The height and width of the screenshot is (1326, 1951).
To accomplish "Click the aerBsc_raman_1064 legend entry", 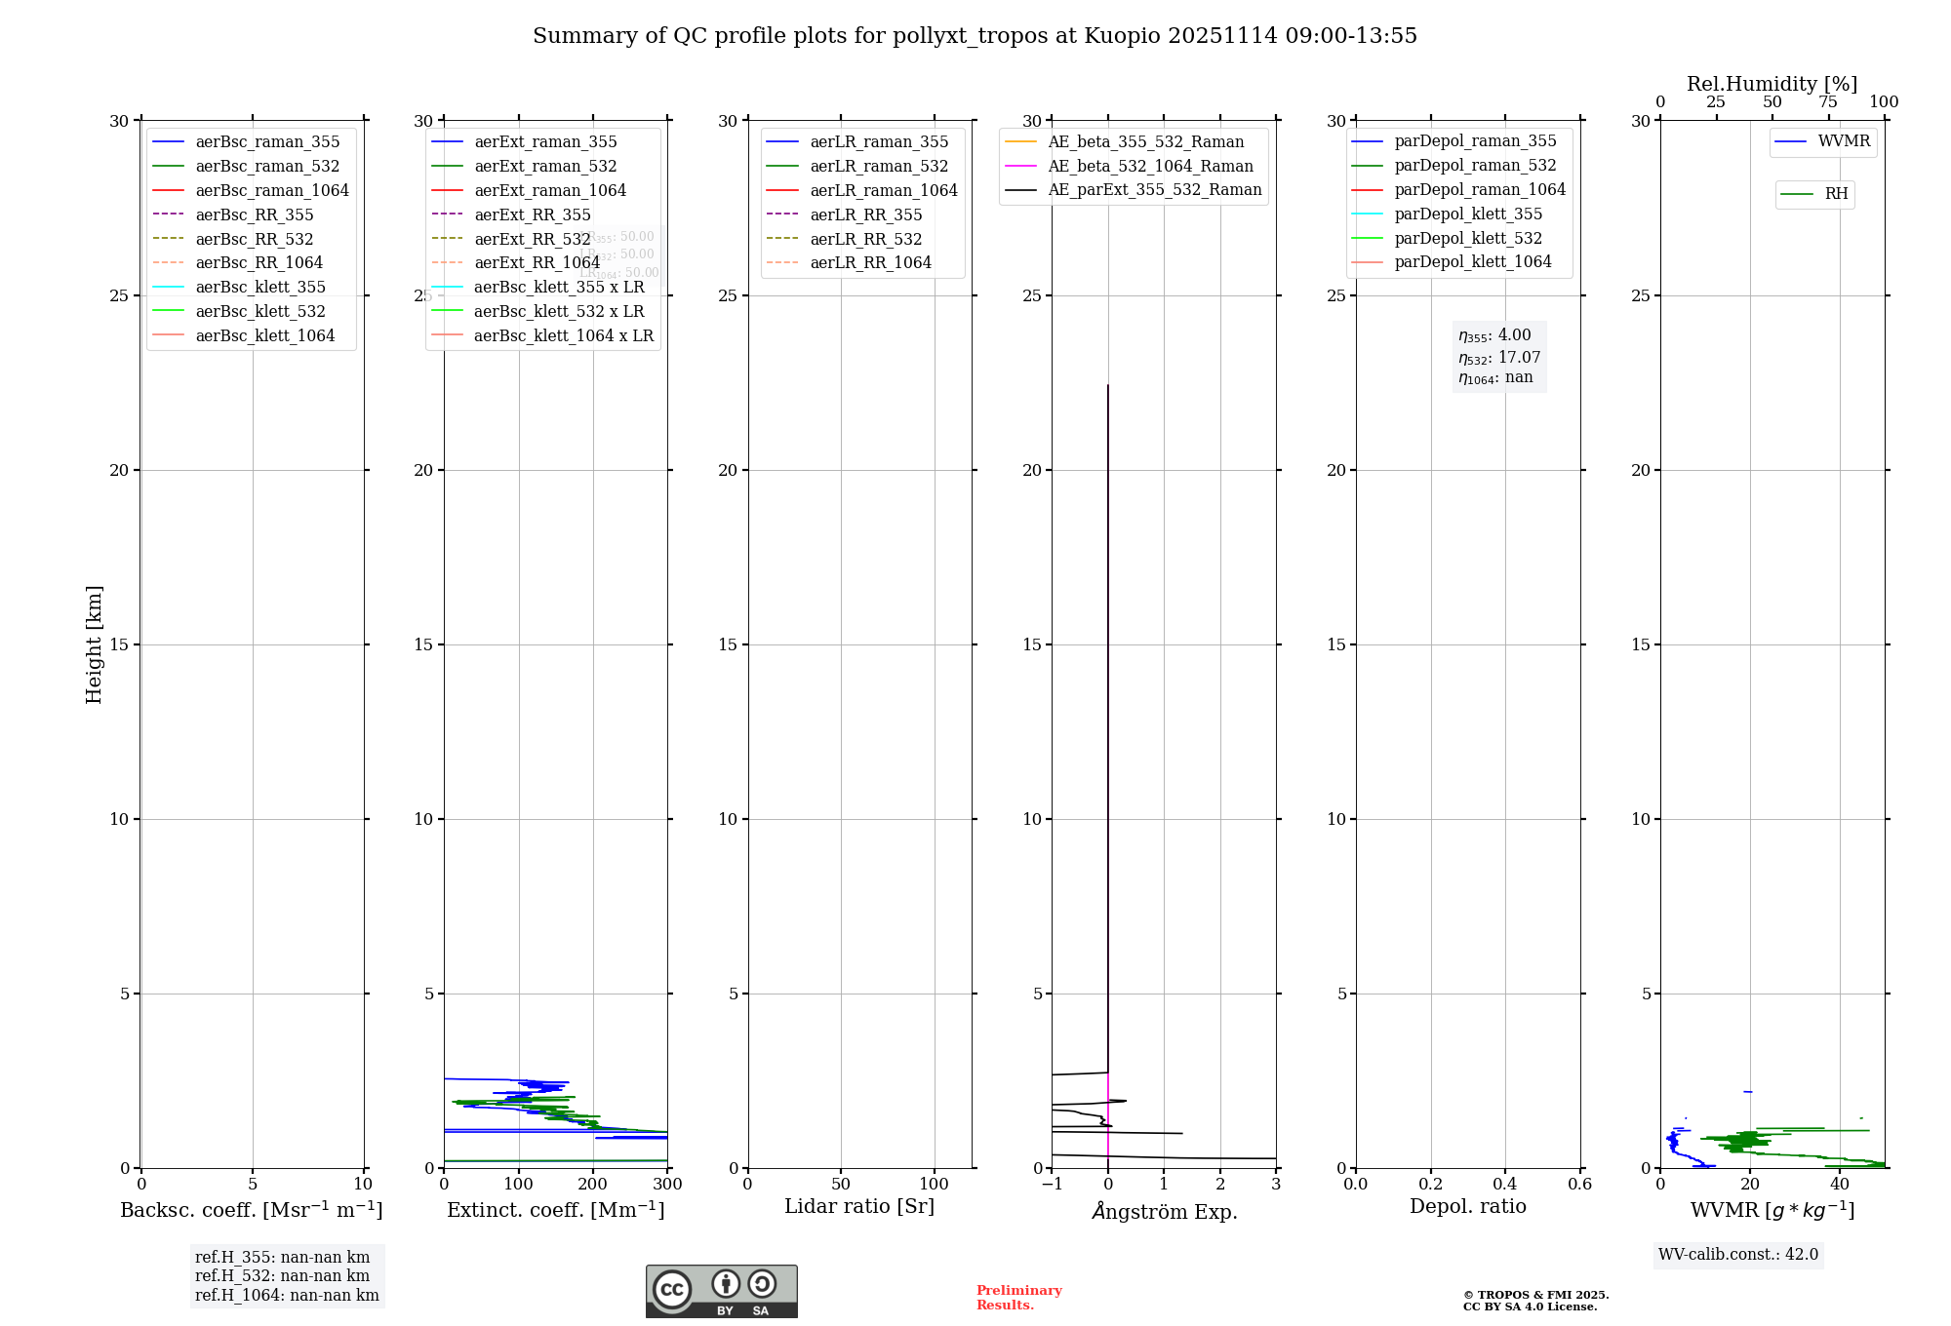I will click(272, 190).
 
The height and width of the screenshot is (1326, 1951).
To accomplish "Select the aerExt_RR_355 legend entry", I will click(533, 214).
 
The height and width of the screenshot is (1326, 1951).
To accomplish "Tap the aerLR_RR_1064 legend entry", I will click(870, 262).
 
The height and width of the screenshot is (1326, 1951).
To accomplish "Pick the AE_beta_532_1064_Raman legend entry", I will click(1150, 166).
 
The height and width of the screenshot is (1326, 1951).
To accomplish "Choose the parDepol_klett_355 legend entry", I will click(1468, 214).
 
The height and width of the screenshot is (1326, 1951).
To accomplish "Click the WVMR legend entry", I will click(1844, 141).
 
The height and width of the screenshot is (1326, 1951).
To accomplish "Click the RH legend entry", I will click(1836, 194).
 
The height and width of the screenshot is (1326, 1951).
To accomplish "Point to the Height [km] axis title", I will click(94, 644).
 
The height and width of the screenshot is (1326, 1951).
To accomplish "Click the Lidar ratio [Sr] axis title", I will click(859, 1206).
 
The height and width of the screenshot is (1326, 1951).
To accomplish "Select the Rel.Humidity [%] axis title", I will click(1772, 84).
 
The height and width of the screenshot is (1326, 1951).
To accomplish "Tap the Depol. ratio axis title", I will click(1467, 1206).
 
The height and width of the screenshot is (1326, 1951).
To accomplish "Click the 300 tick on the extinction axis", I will click(667, 1185).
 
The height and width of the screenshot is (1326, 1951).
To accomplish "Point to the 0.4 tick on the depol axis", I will click(1505, 1185).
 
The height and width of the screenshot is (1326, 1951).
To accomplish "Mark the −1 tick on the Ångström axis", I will click(1052, 1185).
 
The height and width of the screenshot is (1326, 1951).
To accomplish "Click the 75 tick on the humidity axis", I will click(1827, 102).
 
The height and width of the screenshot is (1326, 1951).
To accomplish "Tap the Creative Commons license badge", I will click(721, 1291).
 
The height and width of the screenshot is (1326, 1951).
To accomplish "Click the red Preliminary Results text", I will click(1018, 1298).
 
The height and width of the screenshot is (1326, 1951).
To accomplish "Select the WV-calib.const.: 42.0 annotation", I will click(1738, 1255).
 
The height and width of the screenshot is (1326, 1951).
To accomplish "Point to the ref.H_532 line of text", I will click(282, 1276).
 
